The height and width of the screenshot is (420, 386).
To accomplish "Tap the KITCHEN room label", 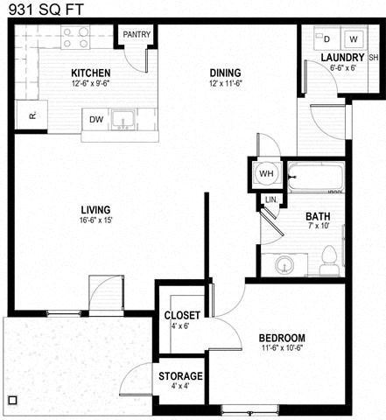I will coord(90,73).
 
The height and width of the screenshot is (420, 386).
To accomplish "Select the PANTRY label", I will coord(137,35).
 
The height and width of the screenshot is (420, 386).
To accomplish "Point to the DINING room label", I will coord(225,73).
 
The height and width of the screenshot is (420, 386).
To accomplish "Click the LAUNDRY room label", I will coord(330,58).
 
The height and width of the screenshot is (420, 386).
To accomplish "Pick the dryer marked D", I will coord(326,39).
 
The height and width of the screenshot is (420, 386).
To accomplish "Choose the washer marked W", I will coord(354,39).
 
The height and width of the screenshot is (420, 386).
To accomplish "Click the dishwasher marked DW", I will coord(95,120).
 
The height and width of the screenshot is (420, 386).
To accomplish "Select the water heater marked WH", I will coord(265,172).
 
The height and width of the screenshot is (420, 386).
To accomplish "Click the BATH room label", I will coord(317,217).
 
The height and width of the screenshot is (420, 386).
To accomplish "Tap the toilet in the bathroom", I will coord(330,258).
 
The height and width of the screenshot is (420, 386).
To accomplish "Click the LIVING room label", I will coord(95,210).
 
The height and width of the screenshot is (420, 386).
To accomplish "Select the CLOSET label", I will coord(182,315).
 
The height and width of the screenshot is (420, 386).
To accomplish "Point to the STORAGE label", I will coord(181,376).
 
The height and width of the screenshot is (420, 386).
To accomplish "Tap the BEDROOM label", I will coord(282,339).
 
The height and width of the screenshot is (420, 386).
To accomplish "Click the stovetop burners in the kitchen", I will coord(76,38).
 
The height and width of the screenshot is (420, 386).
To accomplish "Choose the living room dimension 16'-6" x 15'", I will coord(95,220).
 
